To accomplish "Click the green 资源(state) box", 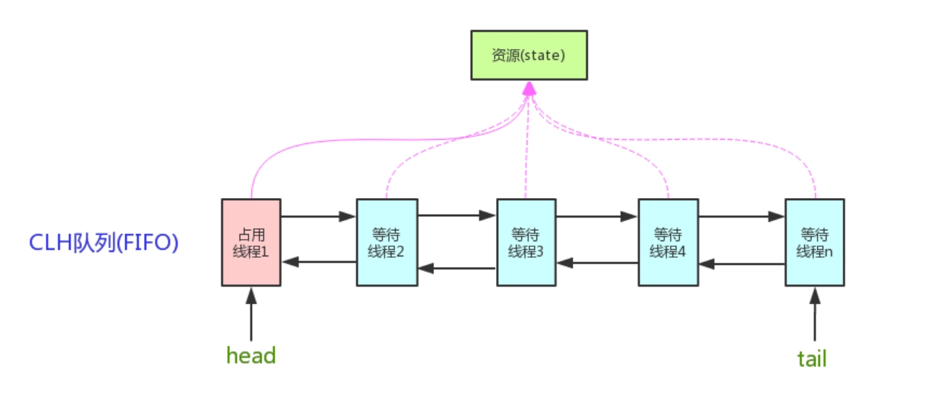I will pos(529,55).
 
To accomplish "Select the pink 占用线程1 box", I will pos(251,242).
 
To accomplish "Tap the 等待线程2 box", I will pos(387,242).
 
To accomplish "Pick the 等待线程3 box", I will pos(527,242).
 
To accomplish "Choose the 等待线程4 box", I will pos(668,242).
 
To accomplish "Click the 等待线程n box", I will pos(815,242).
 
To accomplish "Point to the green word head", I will pos(251,355).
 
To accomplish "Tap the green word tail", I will pos(812,358).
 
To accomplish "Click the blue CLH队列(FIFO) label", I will pos(104,243).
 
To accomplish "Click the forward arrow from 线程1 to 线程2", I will pos(318,215).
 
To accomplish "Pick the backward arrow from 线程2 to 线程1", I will pos(318,262).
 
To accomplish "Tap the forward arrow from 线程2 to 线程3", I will pos(457,215).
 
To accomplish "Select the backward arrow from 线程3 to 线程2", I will pos(457,268).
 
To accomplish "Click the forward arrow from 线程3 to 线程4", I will pos(597,215).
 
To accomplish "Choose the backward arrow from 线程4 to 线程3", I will pos(597,263).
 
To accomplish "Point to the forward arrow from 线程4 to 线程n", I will pos(741,215).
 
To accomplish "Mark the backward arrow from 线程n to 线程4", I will pos(741,264).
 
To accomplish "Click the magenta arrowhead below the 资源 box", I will pos(529,88).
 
